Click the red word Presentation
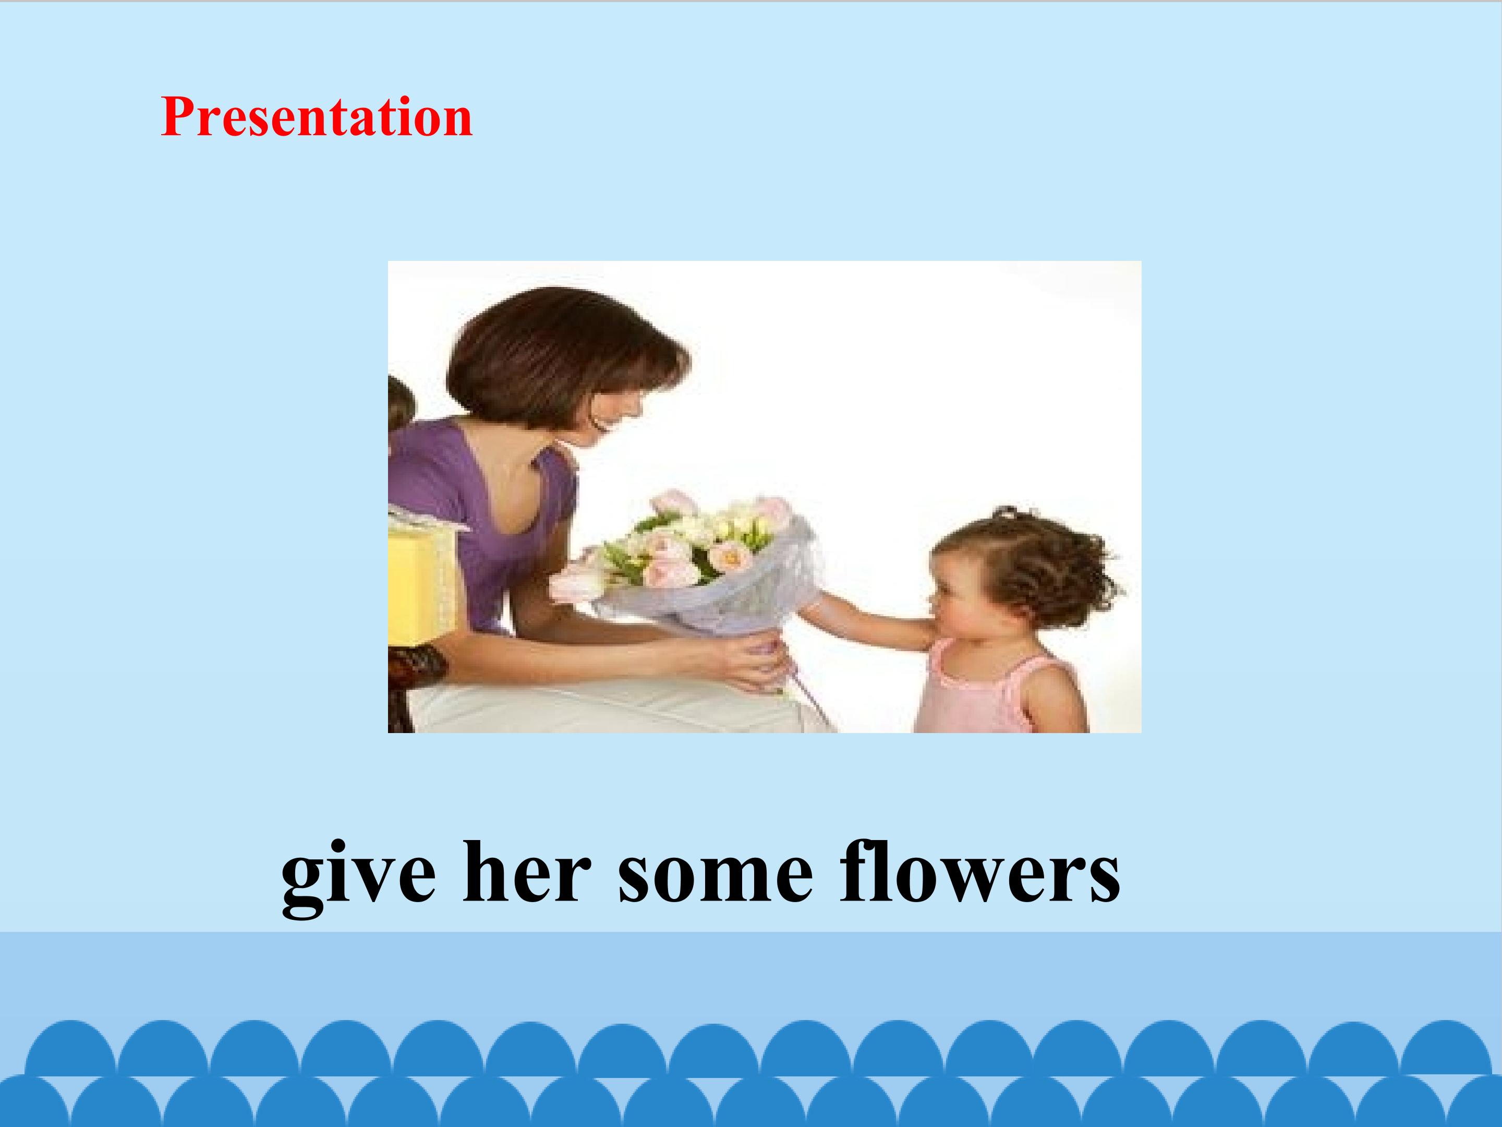tap(317, 117)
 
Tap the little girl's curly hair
tap(1039, 567)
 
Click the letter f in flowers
tap(857, 871)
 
